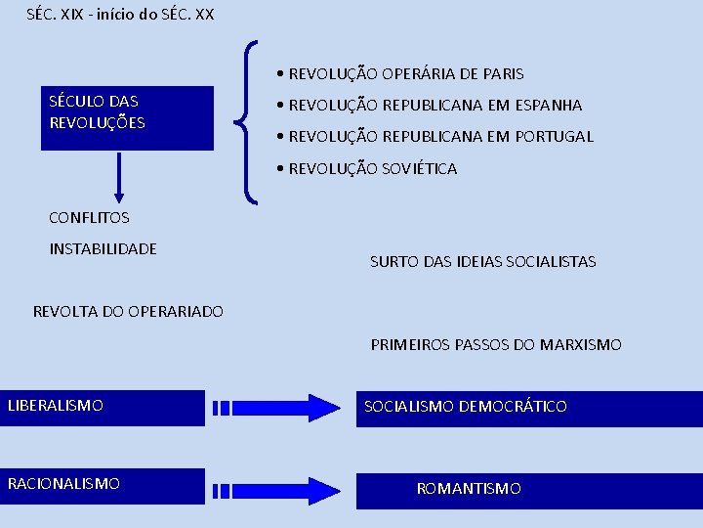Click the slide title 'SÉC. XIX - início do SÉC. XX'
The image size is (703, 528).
[x=119, y=15]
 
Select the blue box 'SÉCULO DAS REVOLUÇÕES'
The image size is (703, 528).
[x=127, y=117]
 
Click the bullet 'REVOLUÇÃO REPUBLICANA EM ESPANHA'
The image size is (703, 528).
[x=434, y=105]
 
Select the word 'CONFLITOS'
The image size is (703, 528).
[x=89, y=217]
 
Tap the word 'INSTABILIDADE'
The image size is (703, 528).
[x=103, y=248]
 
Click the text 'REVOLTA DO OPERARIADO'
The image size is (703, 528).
[x=128, y=311]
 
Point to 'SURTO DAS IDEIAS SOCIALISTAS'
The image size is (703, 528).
[x=482, y=261]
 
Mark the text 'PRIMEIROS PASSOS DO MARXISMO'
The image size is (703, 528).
[x=495, y=344]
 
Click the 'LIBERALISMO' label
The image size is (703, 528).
[x=56, y=405]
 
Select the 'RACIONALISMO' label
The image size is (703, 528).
[x=63, y=483]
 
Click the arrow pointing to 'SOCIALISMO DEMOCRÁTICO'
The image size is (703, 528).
[x=275, y=407]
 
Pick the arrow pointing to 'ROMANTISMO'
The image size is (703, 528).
[x=275, y=490]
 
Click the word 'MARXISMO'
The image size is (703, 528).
[x=580, y=344]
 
